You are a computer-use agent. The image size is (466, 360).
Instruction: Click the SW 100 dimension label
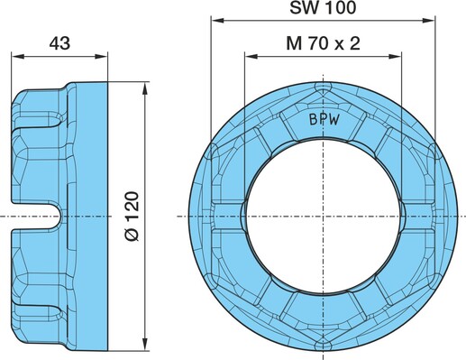coord(323,7)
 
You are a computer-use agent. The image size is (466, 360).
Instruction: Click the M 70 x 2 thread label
coord(323,43)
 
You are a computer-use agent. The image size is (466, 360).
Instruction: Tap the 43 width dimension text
coord(59,43)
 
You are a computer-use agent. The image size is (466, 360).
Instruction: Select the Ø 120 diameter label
coord(132,216)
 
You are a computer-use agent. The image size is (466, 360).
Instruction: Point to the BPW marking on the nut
coord(324,120)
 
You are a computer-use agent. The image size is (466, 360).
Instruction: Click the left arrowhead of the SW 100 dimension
coord(217,21)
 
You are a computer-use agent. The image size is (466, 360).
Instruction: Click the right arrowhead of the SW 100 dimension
coord(429,21)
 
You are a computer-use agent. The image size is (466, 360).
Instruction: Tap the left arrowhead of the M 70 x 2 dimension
coord(251,57)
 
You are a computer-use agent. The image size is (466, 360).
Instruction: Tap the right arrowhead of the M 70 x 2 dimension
coord(395,57)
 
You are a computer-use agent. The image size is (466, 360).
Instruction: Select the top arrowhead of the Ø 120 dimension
coord(145,88)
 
